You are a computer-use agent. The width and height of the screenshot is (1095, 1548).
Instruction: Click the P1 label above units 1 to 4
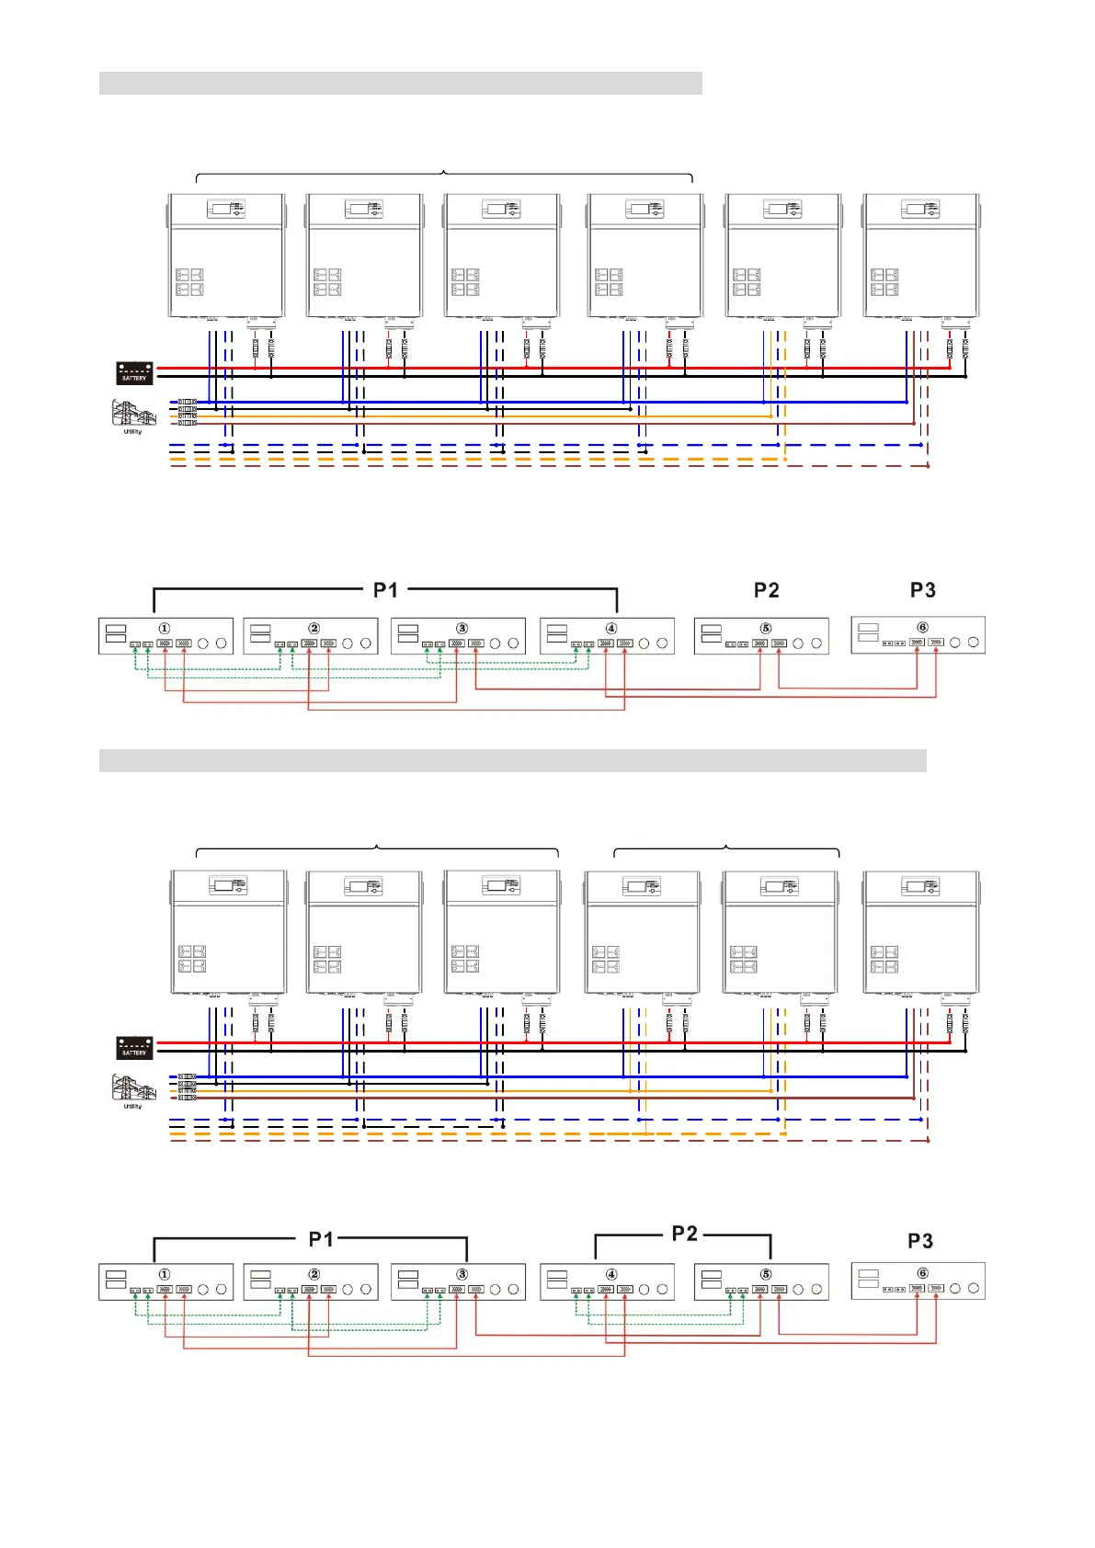click(x=385, y=590)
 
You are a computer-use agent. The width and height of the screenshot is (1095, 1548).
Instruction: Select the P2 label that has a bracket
click(x=684, y=1234)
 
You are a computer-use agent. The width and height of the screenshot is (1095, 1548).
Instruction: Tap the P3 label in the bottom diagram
click(x=920, y=1241)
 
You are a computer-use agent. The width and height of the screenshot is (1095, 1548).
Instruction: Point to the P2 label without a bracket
click(x=766, y=590)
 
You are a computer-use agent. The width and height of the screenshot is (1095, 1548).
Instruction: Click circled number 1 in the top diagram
click(x=165, y=629)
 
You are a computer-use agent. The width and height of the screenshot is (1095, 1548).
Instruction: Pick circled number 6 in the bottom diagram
click(x=922, y=1273)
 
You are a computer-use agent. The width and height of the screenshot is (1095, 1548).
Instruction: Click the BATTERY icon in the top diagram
click(x=134, y=372)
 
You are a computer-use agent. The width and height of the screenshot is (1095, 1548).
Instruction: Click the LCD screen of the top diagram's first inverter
click(x=221, y=210)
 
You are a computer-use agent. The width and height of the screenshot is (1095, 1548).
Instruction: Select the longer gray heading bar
click(x=512, y=760)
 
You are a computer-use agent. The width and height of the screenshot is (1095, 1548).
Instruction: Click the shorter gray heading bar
click(x=400, y=83)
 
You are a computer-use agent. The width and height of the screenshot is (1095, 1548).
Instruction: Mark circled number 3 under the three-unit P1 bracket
click(x=462, y=1274)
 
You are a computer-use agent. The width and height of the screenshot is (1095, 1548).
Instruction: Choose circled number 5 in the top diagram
click(x=766, y=629)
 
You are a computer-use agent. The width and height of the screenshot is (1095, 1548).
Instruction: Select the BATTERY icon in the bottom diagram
click(x=134, y=1047)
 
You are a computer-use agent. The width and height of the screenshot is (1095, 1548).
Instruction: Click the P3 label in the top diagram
click(x=922, y=590)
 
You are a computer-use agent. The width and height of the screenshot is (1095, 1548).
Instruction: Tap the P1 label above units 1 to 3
click(x=321, y=1239)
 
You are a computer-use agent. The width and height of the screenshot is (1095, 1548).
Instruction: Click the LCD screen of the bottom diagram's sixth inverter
click(x=916, y=886)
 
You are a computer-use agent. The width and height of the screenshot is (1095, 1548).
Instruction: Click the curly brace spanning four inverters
click(x=444, y=175)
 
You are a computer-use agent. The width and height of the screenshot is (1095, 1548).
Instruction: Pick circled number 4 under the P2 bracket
click(x=611, y=1274)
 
